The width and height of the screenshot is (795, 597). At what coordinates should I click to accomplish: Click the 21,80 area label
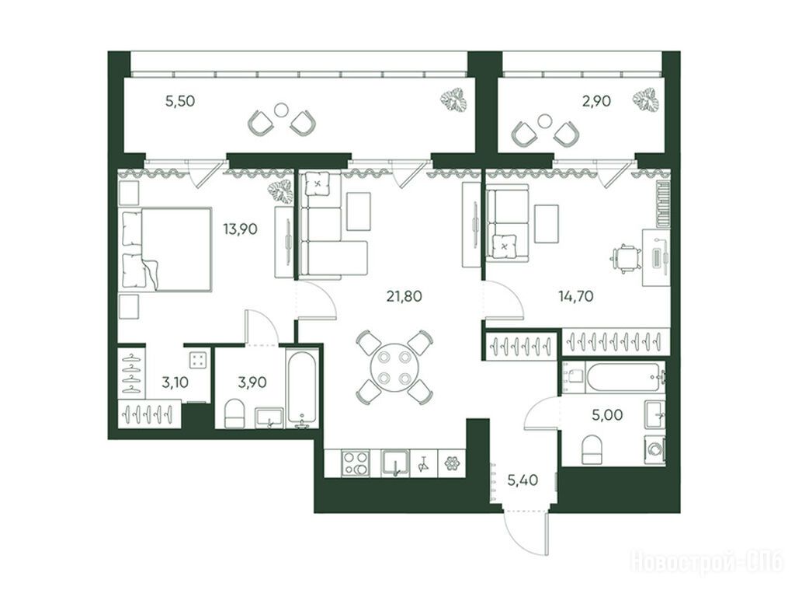click(x=404, y=296)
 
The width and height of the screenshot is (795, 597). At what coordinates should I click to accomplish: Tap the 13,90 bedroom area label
click(x=241, y=229)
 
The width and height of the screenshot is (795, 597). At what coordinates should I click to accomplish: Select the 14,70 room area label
click(x=576, y=296)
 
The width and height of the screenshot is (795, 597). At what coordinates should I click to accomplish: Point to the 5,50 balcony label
click(x=180, y=101)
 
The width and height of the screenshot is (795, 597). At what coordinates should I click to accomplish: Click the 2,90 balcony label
click(x=596, y=101)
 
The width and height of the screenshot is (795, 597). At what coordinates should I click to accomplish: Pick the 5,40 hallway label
click(x=522, y=480)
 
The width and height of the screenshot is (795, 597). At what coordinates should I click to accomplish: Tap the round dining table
click(x=394, y=367)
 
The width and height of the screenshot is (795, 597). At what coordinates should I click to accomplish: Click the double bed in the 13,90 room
click(x=166, y=249)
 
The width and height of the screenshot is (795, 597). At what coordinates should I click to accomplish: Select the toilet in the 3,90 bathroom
click(x=234, y=414)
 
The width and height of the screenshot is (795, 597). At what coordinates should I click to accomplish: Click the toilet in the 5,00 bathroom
click(x=595, y=449)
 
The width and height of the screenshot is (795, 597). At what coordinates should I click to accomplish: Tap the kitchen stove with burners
click(x=356, y=463)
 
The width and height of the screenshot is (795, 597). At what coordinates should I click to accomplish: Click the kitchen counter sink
click(x=396, y=463)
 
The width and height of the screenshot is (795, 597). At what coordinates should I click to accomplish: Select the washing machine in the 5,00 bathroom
click(x=655, y=449)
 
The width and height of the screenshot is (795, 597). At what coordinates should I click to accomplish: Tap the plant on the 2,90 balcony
click(x=646, y=100)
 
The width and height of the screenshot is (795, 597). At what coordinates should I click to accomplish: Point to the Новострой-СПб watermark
click(x=706, y=562)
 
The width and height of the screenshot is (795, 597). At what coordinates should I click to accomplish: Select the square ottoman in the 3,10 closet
click(x=198, y=361)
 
